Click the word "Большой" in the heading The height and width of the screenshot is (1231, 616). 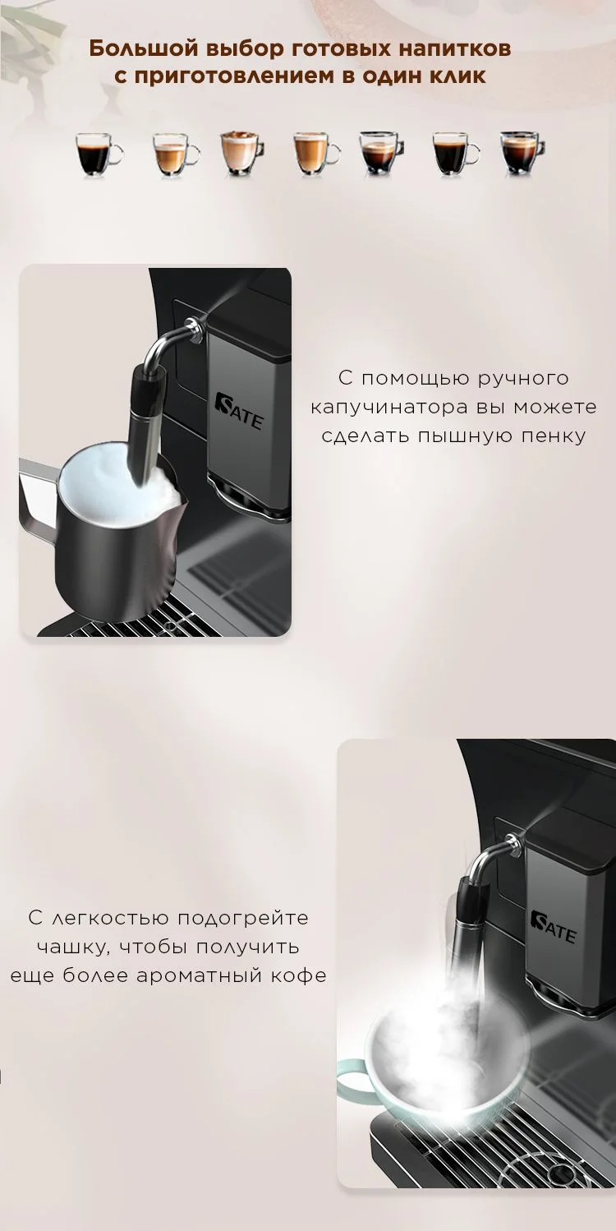[x=143, y=48]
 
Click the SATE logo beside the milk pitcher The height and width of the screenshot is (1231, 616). [x=238, y=411]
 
